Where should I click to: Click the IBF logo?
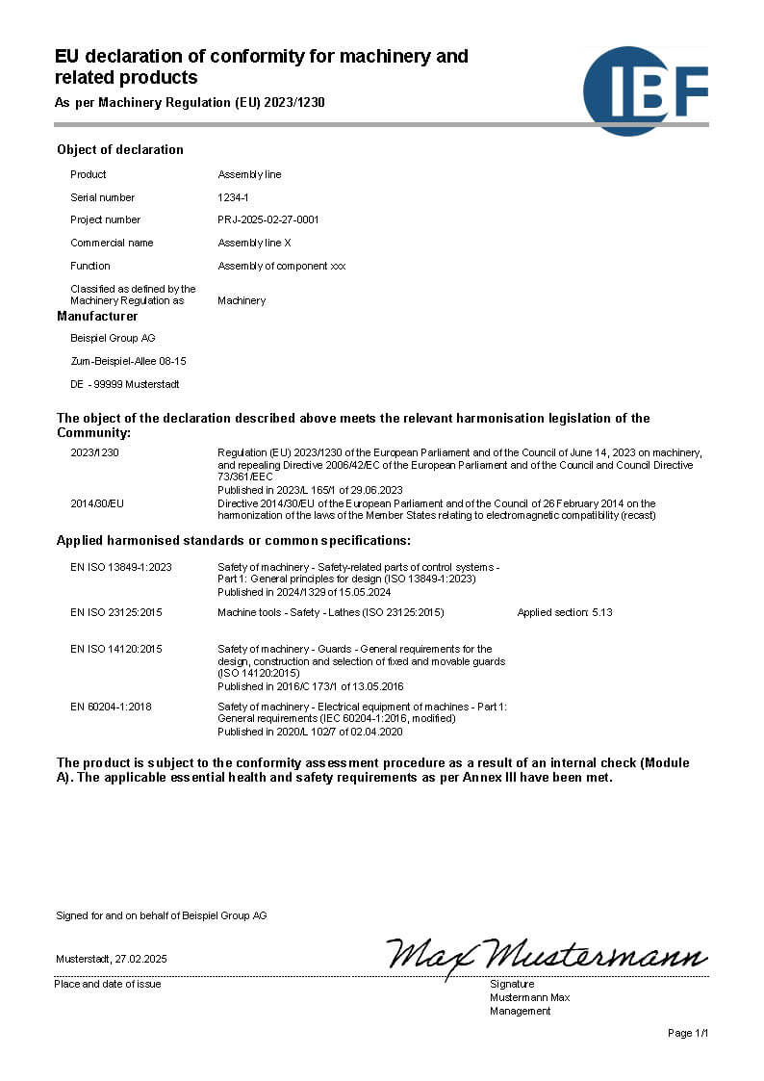(x=645, y=90)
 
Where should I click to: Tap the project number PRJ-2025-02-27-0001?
(x=268, y=219)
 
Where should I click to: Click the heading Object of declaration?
(x=120, y=149)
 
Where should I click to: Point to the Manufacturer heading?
(x=97, y=316)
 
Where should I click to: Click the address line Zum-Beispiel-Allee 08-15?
(x=128, y=361)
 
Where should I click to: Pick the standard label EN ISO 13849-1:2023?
(x=121, y=567)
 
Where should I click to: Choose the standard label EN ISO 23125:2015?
(x=116, y=612)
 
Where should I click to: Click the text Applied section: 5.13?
(x=565, y=612)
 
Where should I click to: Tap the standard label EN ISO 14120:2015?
(x=116, y=649)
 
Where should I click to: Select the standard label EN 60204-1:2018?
(x=111, y=707)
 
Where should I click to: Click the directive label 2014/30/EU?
(x=97, y=503)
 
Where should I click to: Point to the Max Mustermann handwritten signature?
(x=547, y=955)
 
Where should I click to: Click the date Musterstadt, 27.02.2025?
(x=112, y=959)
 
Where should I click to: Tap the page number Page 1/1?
(x=688, y=1033)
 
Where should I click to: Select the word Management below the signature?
(x=521, y=1011)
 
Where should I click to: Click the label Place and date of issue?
(x=108, y=984)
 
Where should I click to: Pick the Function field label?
(x=90, y=266)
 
